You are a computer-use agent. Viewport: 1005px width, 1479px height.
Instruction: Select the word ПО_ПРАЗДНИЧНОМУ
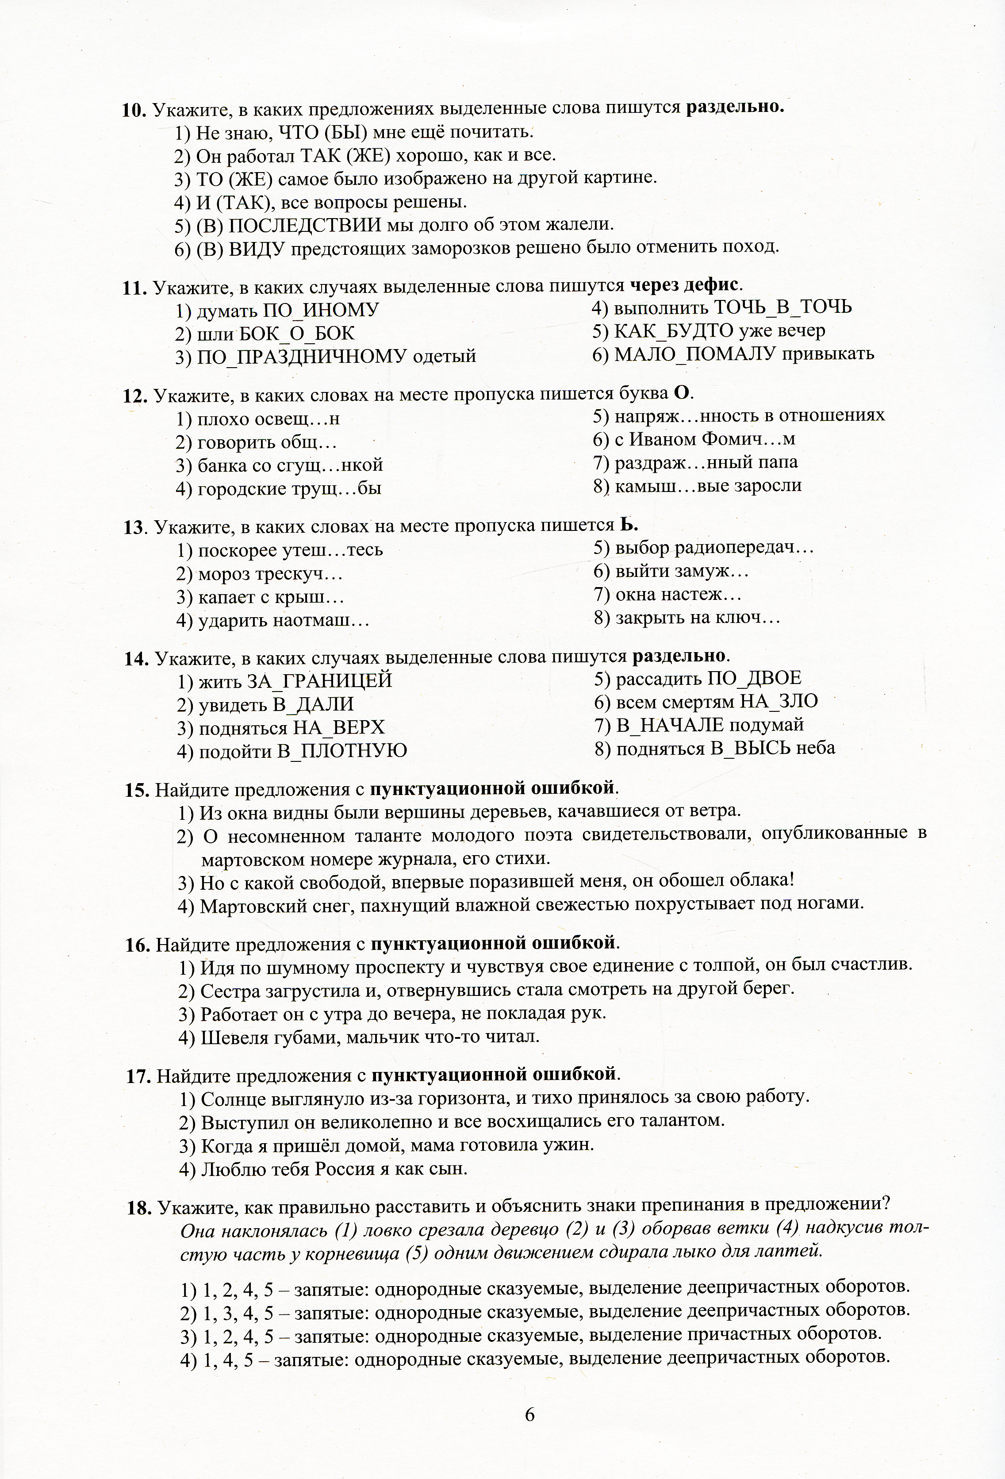click(x=302, y=357)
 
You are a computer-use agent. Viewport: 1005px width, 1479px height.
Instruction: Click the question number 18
click(x=139, y=1208)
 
